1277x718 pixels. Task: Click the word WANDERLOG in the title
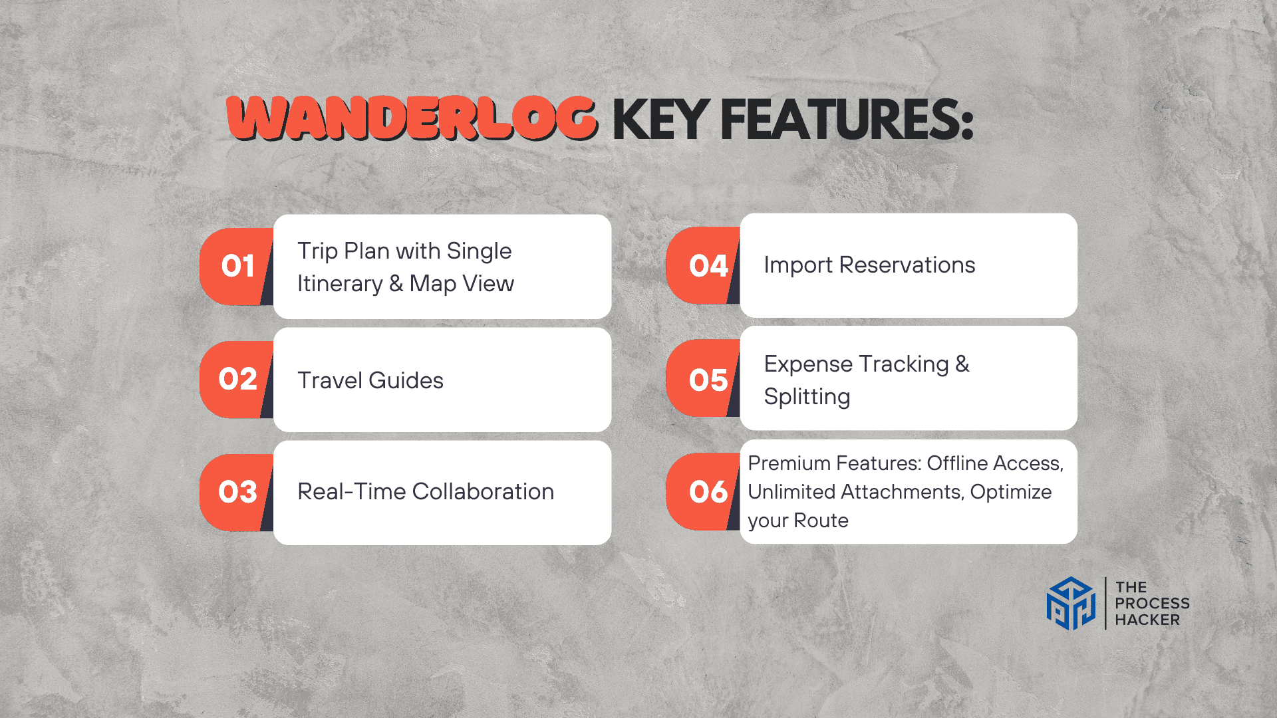click(x=412, y=119)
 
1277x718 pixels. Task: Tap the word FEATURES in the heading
click(x=847, y=120)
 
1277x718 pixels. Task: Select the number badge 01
click(x=237, y=267)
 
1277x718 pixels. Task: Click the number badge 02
click(x=237, y=380)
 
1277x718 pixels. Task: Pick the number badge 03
click(x=237, y=493)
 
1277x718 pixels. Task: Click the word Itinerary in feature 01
click(x=340, y=285)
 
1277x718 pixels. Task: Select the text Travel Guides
click(x=370, y=380)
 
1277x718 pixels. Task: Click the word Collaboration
click(x=483, y=491)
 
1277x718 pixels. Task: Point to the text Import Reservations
click(x=869, y=265)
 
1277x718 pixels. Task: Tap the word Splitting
click(x=807, y=398)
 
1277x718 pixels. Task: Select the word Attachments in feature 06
click(x=903, y=492)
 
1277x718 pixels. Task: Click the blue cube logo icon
click(x=1071, y=603)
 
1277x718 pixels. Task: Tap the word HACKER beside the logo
click(x=1147, y=620)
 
